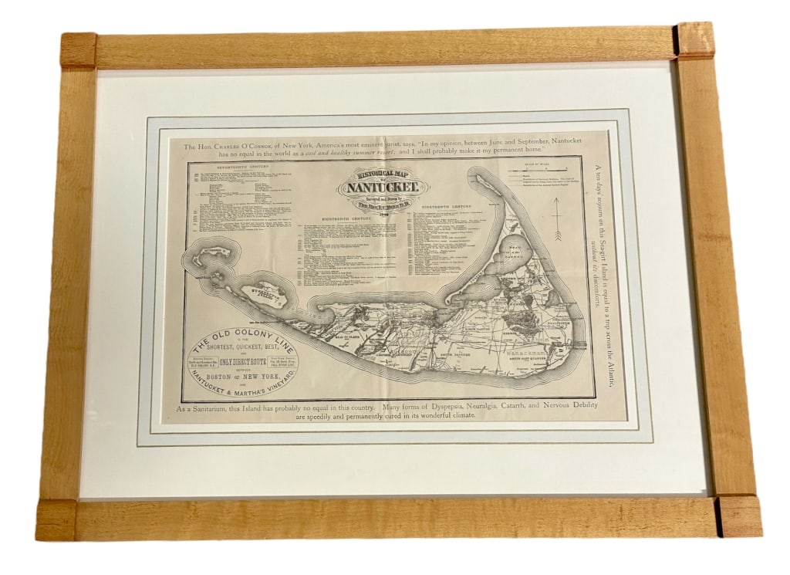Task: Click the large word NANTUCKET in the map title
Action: (383, 186)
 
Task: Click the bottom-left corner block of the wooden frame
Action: (56, 519)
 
